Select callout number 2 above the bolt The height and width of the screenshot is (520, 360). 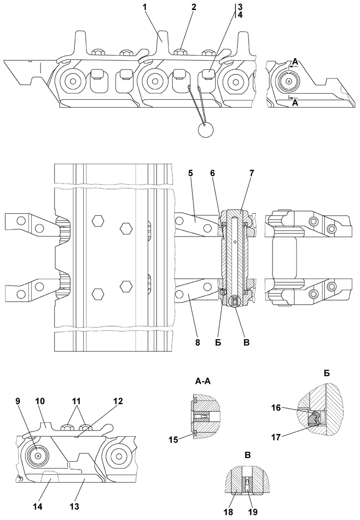(194, 7)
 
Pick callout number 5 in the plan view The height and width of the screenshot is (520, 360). (190, 174)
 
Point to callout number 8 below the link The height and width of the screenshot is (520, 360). (198, 343)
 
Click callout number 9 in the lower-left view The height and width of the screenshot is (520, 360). (18, 400)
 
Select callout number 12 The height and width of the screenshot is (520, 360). (118, 400)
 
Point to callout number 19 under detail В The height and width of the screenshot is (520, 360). (253, 512)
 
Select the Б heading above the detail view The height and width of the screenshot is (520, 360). (327, 374)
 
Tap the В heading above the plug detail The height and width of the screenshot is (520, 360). (248, 456)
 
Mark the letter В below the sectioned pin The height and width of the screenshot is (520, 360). (246, 343)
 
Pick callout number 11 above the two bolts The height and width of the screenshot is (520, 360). (76, 400)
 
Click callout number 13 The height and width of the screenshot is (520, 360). (74, 506)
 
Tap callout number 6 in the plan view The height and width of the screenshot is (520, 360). (213, 174)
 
